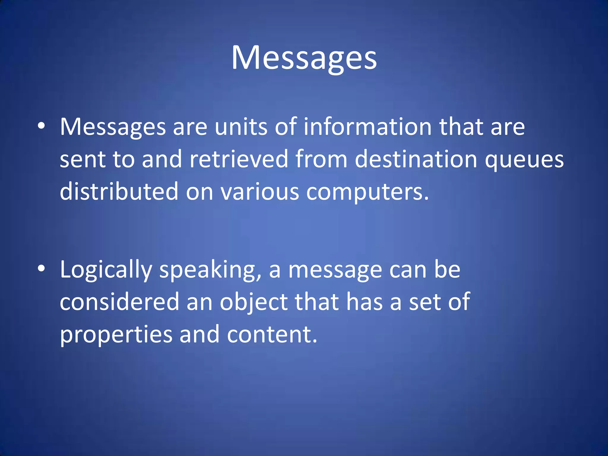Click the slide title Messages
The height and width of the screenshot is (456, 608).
304,58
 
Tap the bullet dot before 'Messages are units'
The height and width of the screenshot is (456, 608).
42,126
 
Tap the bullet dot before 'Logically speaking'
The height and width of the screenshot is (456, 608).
42,268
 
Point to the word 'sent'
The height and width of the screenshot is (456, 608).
83,159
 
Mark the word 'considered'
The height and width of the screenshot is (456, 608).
120,302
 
